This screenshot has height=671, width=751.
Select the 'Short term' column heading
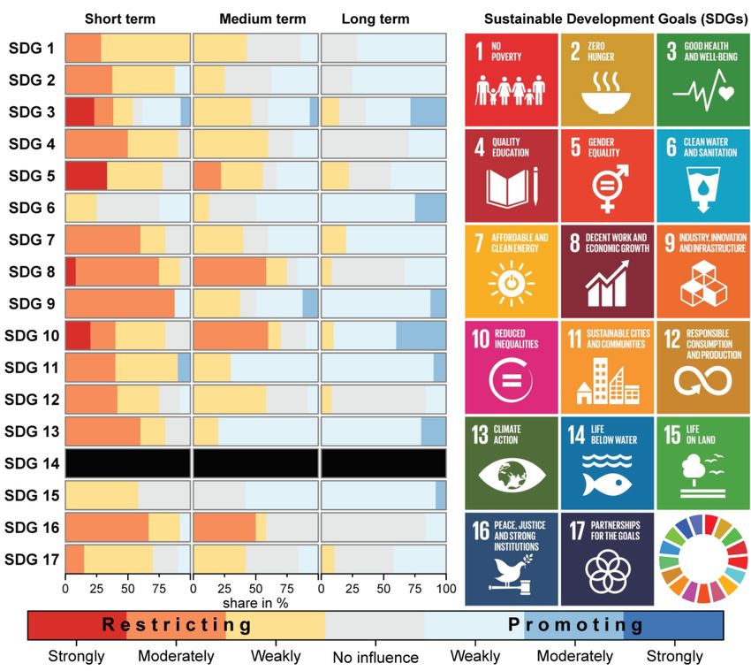point(120,19)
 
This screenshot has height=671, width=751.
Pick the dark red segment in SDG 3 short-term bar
point(80,111)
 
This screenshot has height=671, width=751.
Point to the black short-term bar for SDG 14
point(128,463)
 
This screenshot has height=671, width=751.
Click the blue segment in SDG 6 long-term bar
point(430,208)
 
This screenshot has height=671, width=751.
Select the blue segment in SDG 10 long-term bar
point(421,336)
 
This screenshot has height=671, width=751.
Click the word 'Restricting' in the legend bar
point(177,625)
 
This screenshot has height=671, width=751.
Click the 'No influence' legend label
point(375,657)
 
